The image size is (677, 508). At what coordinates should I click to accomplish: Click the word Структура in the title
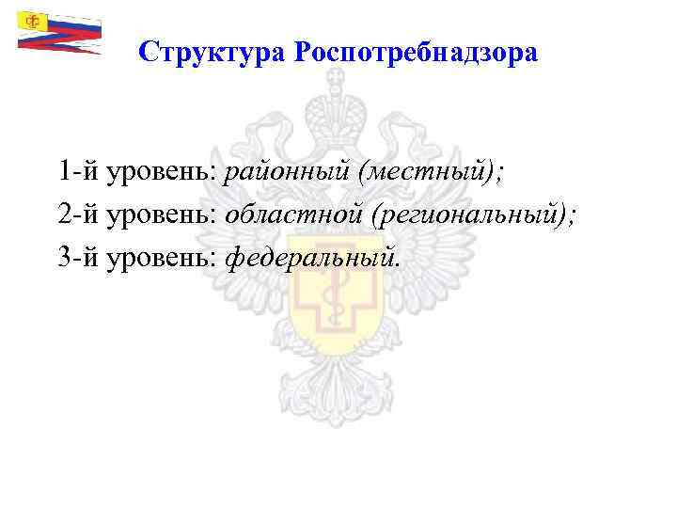(212, 53)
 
